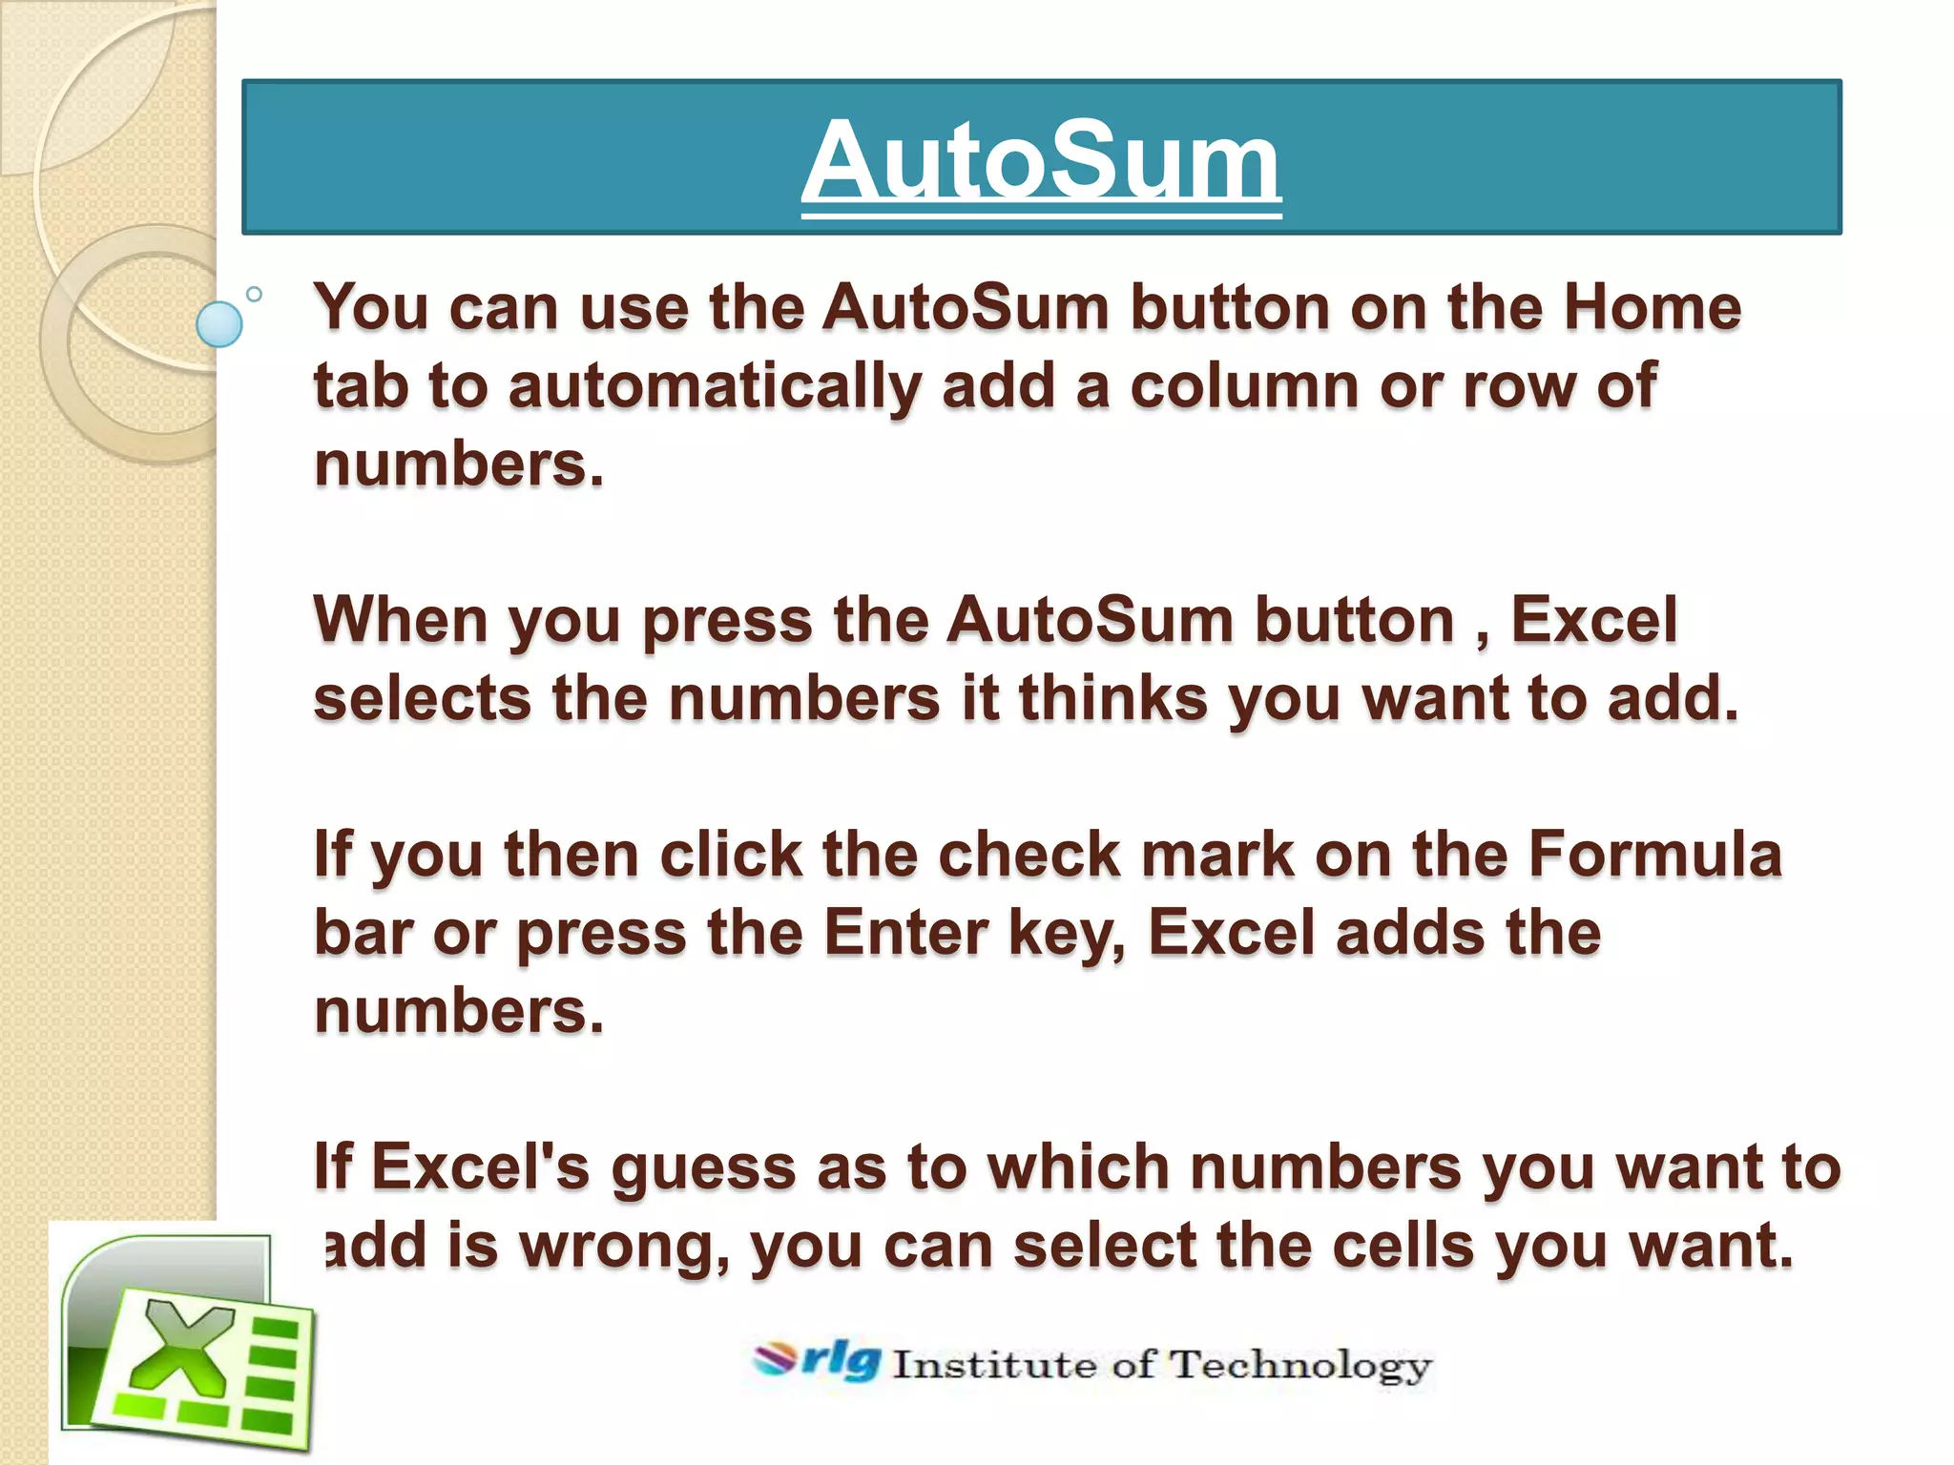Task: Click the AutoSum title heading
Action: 1041,160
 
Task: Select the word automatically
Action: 715,386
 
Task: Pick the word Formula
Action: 1654,854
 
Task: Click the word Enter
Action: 905,932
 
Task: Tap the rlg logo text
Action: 840,1360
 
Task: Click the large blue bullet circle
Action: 218,324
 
